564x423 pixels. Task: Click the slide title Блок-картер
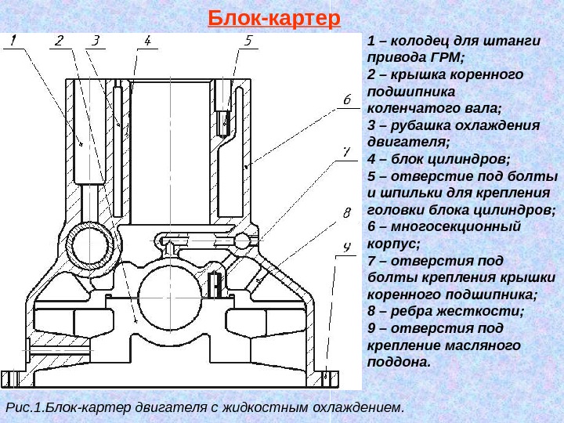pos(275,17)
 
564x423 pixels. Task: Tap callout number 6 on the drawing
pos(345,99)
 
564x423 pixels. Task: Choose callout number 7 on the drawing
pos(345,151)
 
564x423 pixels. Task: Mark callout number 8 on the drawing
pos(345,213)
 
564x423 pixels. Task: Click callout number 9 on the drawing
pos(345,248)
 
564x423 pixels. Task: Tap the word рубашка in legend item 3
pos(422,126)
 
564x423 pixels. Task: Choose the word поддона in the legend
pos(398,363)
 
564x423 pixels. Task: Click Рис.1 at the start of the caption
pos(23,407)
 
